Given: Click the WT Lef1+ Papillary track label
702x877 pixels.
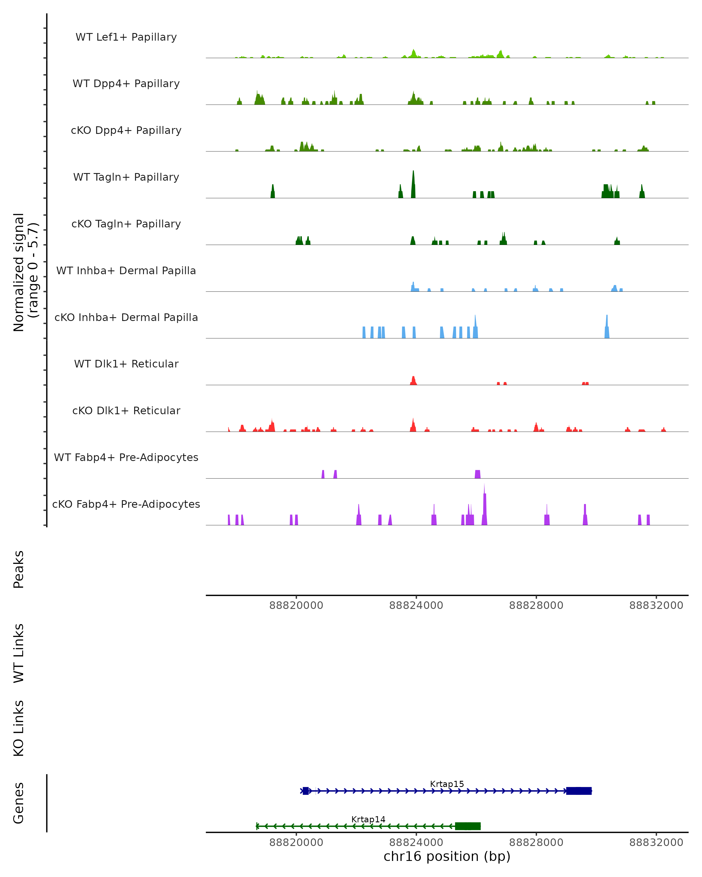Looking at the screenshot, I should [126, 37].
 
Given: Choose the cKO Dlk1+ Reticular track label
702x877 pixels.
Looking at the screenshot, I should [126, 410].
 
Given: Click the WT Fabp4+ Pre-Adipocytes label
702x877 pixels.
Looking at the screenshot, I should [126, 457].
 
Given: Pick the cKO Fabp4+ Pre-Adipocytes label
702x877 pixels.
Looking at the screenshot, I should [126, 504].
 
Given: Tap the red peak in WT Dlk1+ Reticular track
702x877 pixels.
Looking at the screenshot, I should [413, 381].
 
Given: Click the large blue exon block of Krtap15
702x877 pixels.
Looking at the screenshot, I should [579, 791].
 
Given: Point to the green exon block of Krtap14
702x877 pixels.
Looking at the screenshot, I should [468, 826].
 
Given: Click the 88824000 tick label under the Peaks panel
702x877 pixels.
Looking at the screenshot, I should [416, 605].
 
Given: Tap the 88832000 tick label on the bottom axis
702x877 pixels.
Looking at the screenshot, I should [656, 843].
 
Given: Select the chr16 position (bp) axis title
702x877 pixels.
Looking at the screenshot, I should [447, 857].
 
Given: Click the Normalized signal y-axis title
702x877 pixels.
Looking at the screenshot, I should [25, 272].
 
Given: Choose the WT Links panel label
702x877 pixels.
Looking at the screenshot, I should [19, 653].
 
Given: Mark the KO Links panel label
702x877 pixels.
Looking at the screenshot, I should [19, 728].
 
